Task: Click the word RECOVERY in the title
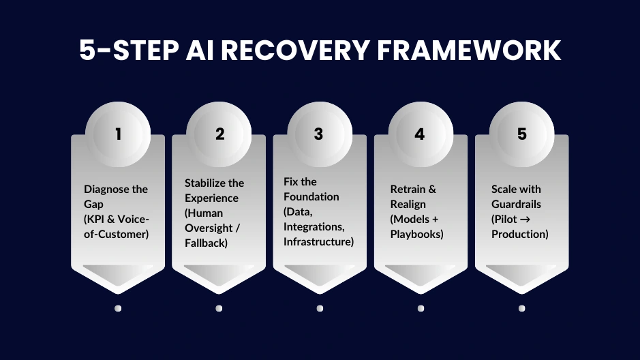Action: pyautogui.click(x=303, y=50)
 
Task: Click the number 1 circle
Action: pyautogui.click(x=118, y=134)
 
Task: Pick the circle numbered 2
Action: pyautogui.click(x=219, y=134)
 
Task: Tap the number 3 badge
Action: pyautogui.click(x=319, y=134)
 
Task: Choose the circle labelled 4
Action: pyautogui.click(x=420, y=134)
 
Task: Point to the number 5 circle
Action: pyautogui.click(x=521, y=134)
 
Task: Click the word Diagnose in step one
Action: pyautogui.click(x=106, y=189)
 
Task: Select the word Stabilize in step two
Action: pyautogui.click(x=205, y=183)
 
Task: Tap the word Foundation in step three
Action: pyautogui.click(x=311, y=196)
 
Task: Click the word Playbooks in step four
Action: pyautogui.click(x=416, y=234)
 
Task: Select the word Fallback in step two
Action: pyautogui.click(x=206, y=243)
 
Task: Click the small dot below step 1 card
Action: pyautogui.click(x=118, y=308)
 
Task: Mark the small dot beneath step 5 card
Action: pyautogui.click(x=521, y=308)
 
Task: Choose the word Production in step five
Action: pyautogui.click(x=520, y=234)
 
